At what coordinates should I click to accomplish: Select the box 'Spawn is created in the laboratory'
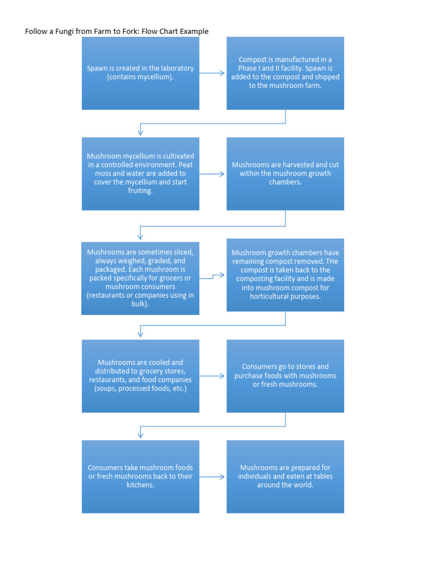click(140, 73)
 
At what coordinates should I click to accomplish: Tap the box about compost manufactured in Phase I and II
click(285, 73)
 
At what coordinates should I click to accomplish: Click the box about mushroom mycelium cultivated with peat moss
click(140, 173)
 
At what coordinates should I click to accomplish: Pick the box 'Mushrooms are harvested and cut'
click(285, 173)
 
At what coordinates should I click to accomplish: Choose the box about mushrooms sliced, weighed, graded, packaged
click(140, 278)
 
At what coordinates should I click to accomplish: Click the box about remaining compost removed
click(285, 274)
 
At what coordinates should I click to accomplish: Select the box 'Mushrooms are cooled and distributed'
click(140, 376)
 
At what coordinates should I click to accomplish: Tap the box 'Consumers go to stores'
click(285, 376)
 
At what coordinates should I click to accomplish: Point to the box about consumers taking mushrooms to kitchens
click(140, 476)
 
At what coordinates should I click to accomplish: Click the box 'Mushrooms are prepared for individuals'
click(285, 476)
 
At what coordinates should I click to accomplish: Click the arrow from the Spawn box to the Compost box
click(212, 73)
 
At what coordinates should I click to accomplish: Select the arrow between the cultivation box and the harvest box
click(212, 173)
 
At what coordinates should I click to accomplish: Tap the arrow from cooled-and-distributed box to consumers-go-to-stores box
click(212, 376)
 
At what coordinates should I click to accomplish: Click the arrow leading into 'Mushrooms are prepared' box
click(212, 476)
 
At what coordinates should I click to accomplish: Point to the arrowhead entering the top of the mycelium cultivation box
click(140, 132)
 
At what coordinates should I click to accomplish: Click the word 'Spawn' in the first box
click(97, 68)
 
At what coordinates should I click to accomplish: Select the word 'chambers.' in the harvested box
click(285, 182)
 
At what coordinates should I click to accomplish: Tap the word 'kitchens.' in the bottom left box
click(140, 485)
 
